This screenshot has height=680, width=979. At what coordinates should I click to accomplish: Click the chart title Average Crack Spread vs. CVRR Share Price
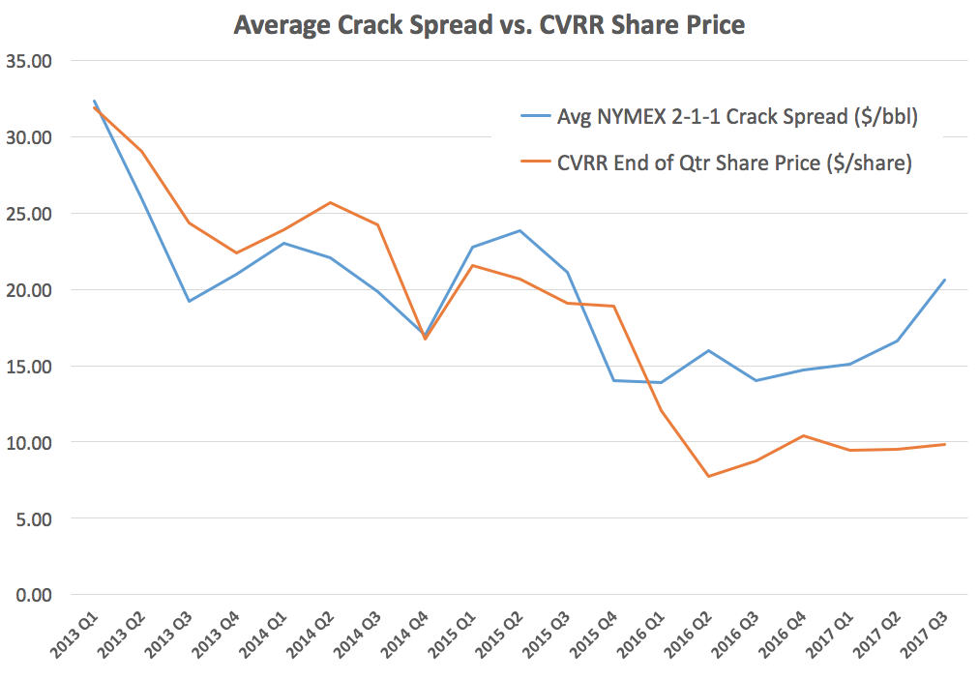(489, 25)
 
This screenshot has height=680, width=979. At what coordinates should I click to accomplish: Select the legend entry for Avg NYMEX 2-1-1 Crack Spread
(734, 117)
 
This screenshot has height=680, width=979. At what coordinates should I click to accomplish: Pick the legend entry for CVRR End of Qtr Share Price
(734, 163)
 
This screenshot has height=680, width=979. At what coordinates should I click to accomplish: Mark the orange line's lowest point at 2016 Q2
(709, 476)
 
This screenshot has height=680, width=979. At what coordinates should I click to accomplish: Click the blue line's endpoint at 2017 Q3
(945, 280)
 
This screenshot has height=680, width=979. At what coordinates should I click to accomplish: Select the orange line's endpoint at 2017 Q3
(945, 444)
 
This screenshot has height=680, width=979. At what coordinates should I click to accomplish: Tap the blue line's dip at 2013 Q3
(190, 301)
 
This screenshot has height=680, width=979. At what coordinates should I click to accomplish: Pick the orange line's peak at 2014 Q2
(331, 202)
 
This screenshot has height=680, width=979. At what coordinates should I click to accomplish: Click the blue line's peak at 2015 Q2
(520, 230)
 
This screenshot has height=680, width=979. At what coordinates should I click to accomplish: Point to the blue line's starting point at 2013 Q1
(94, 101)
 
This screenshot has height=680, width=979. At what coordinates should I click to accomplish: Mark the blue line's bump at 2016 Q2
(709, 350)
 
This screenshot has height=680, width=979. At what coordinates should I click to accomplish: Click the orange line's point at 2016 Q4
(803, 435)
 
